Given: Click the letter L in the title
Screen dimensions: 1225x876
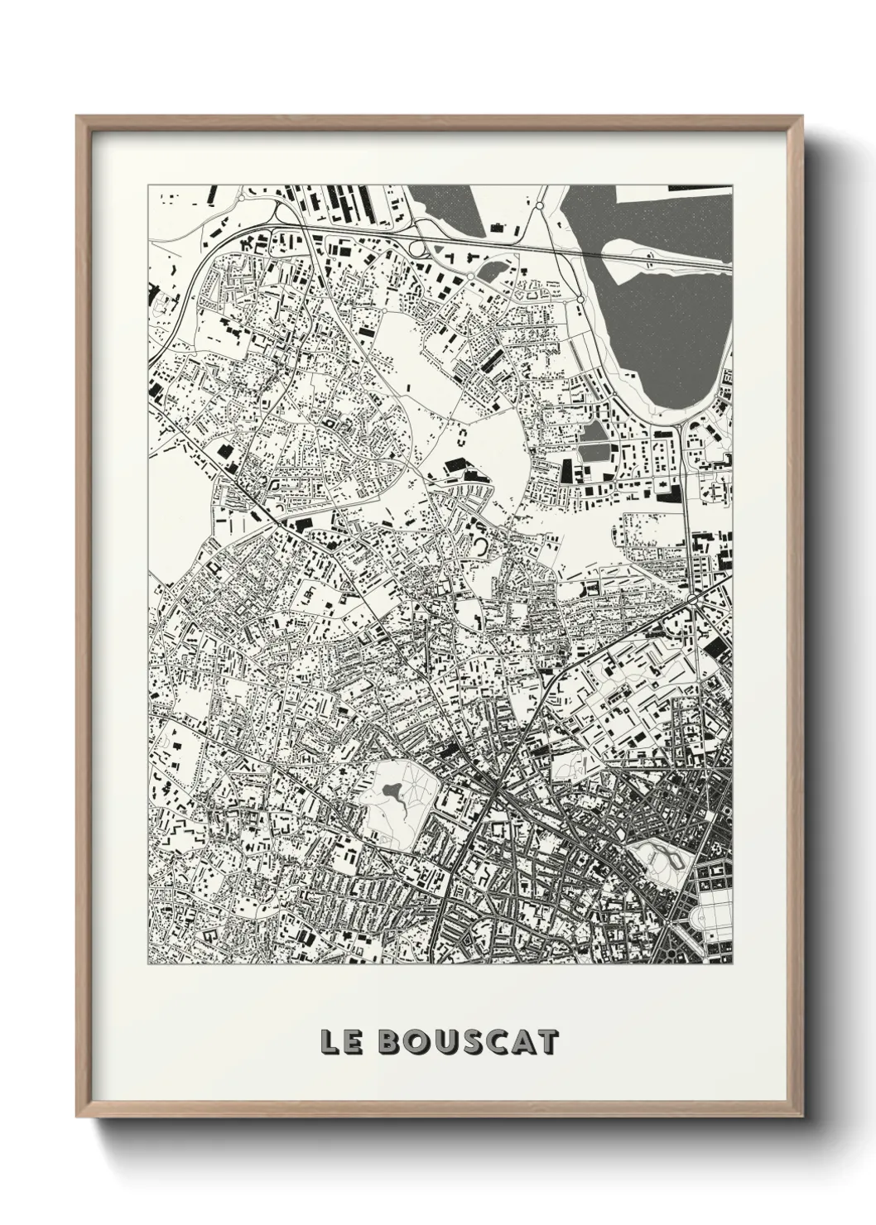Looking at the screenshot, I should click(x=330, y=1042).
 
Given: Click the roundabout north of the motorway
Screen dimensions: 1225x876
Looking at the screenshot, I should click(x=539, y=204).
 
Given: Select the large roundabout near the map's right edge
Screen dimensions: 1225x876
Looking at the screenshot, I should click(x=693, y=598).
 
